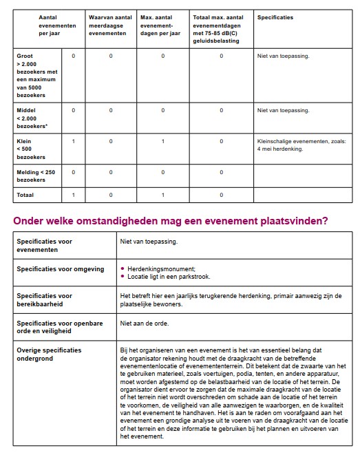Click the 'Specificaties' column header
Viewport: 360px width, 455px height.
point(275,17)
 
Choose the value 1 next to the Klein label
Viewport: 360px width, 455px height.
point(73,141)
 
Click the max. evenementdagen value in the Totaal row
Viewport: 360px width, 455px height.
point(162,195)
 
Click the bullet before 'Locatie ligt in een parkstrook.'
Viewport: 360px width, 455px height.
point(123,276)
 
